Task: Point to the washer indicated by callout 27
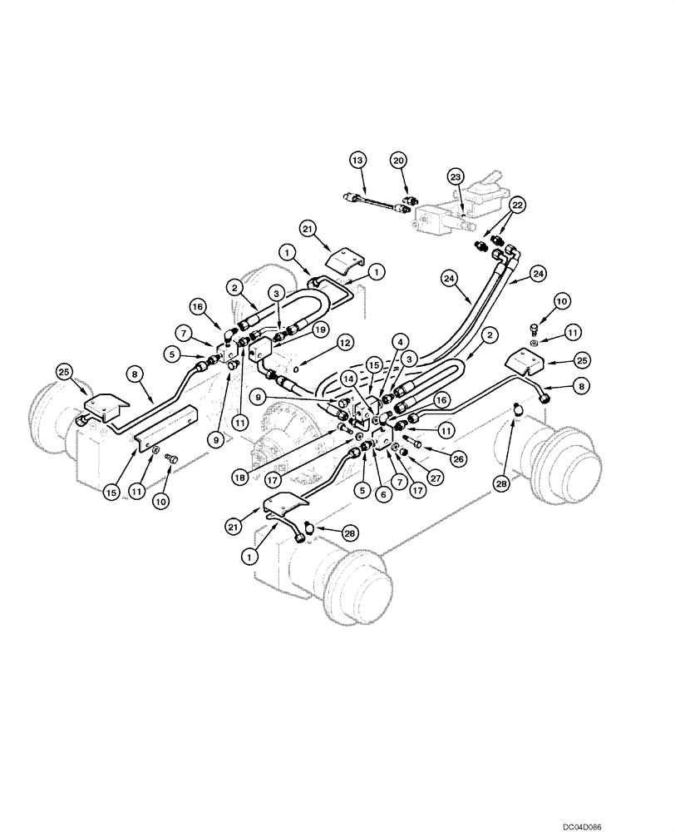[x=397, y=450]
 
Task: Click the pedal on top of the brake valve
[x=491, y=176]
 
